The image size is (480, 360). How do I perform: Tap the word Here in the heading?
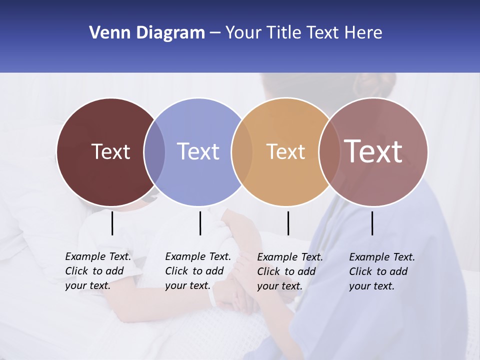pyautogui.click(x=363, y=33)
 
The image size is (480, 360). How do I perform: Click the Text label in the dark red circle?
pyautogui.click(x=110, y=151)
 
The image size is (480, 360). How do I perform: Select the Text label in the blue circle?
pyautogui.click(x=198, y=151)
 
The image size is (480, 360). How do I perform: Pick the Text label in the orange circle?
pyautogui.click(x=285, y=152)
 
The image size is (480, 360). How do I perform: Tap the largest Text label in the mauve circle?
pyautogui.click(x=373, y=151)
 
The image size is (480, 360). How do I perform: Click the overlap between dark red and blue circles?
pyautogui.click(x=154, y=152)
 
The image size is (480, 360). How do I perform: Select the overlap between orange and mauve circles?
pyautogui.click(x=329, y=152)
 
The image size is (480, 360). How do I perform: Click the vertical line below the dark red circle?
pyautogui.click(x=112, y=223)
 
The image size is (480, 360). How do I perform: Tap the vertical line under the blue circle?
pyautogui.click(x=200, y=223)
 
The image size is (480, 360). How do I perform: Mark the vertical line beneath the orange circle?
pyautogui.click(x=288, y=223)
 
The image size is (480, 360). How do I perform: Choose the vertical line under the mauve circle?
pyautogui.click(x=372, y=223)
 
